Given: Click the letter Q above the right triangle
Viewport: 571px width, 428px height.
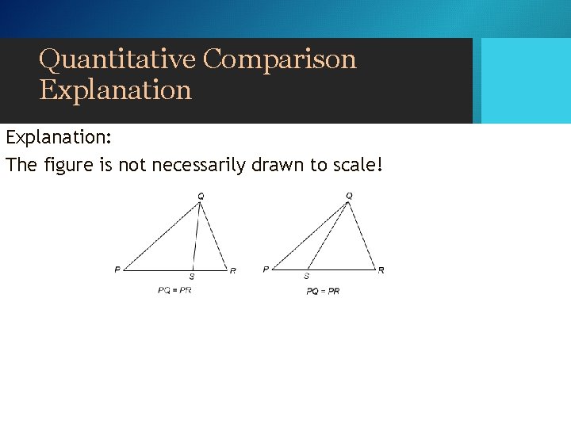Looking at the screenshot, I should click(349, 195).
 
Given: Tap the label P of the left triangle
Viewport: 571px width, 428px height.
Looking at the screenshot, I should click(117, 270).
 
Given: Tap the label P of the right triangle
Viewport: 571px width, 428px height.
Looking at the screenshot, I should click(266, 270).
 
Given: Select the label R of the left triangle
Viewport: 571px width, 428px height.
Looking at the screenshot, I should click(232, 271).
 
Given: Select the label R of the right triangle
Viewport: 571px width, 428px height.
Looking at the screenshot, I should click(381, 270).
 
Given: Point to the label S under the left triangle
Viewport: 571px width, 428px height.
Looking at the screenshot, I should click(191, 277).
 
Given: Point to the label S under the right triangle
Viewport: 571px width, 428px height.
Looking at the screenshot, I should click(307, 277).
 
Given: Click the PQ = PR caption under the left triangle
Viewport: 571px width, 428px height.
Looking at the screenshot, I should click(174, 290).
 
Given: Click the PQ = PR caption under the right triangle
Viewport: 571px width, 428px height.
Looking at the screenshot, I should click(323, 291).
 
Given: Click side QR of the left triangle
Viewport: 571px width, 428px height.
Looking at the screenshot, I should click(213, 236).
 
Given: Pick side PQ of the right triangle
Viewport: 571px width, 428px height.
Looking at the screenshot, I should click(309, 236).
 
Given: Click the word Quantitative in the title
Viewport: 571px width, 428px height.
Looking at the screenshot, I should click(117, 59).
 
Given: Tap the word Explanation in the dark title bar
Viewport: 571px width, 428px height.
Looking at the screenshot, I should click(116, 90).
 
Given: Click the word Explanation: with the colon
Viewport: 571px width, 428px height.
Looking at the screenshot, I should click(59, 137).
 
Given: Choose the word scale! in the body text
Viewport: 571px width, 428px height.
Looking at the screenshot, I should click(355, 166).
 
